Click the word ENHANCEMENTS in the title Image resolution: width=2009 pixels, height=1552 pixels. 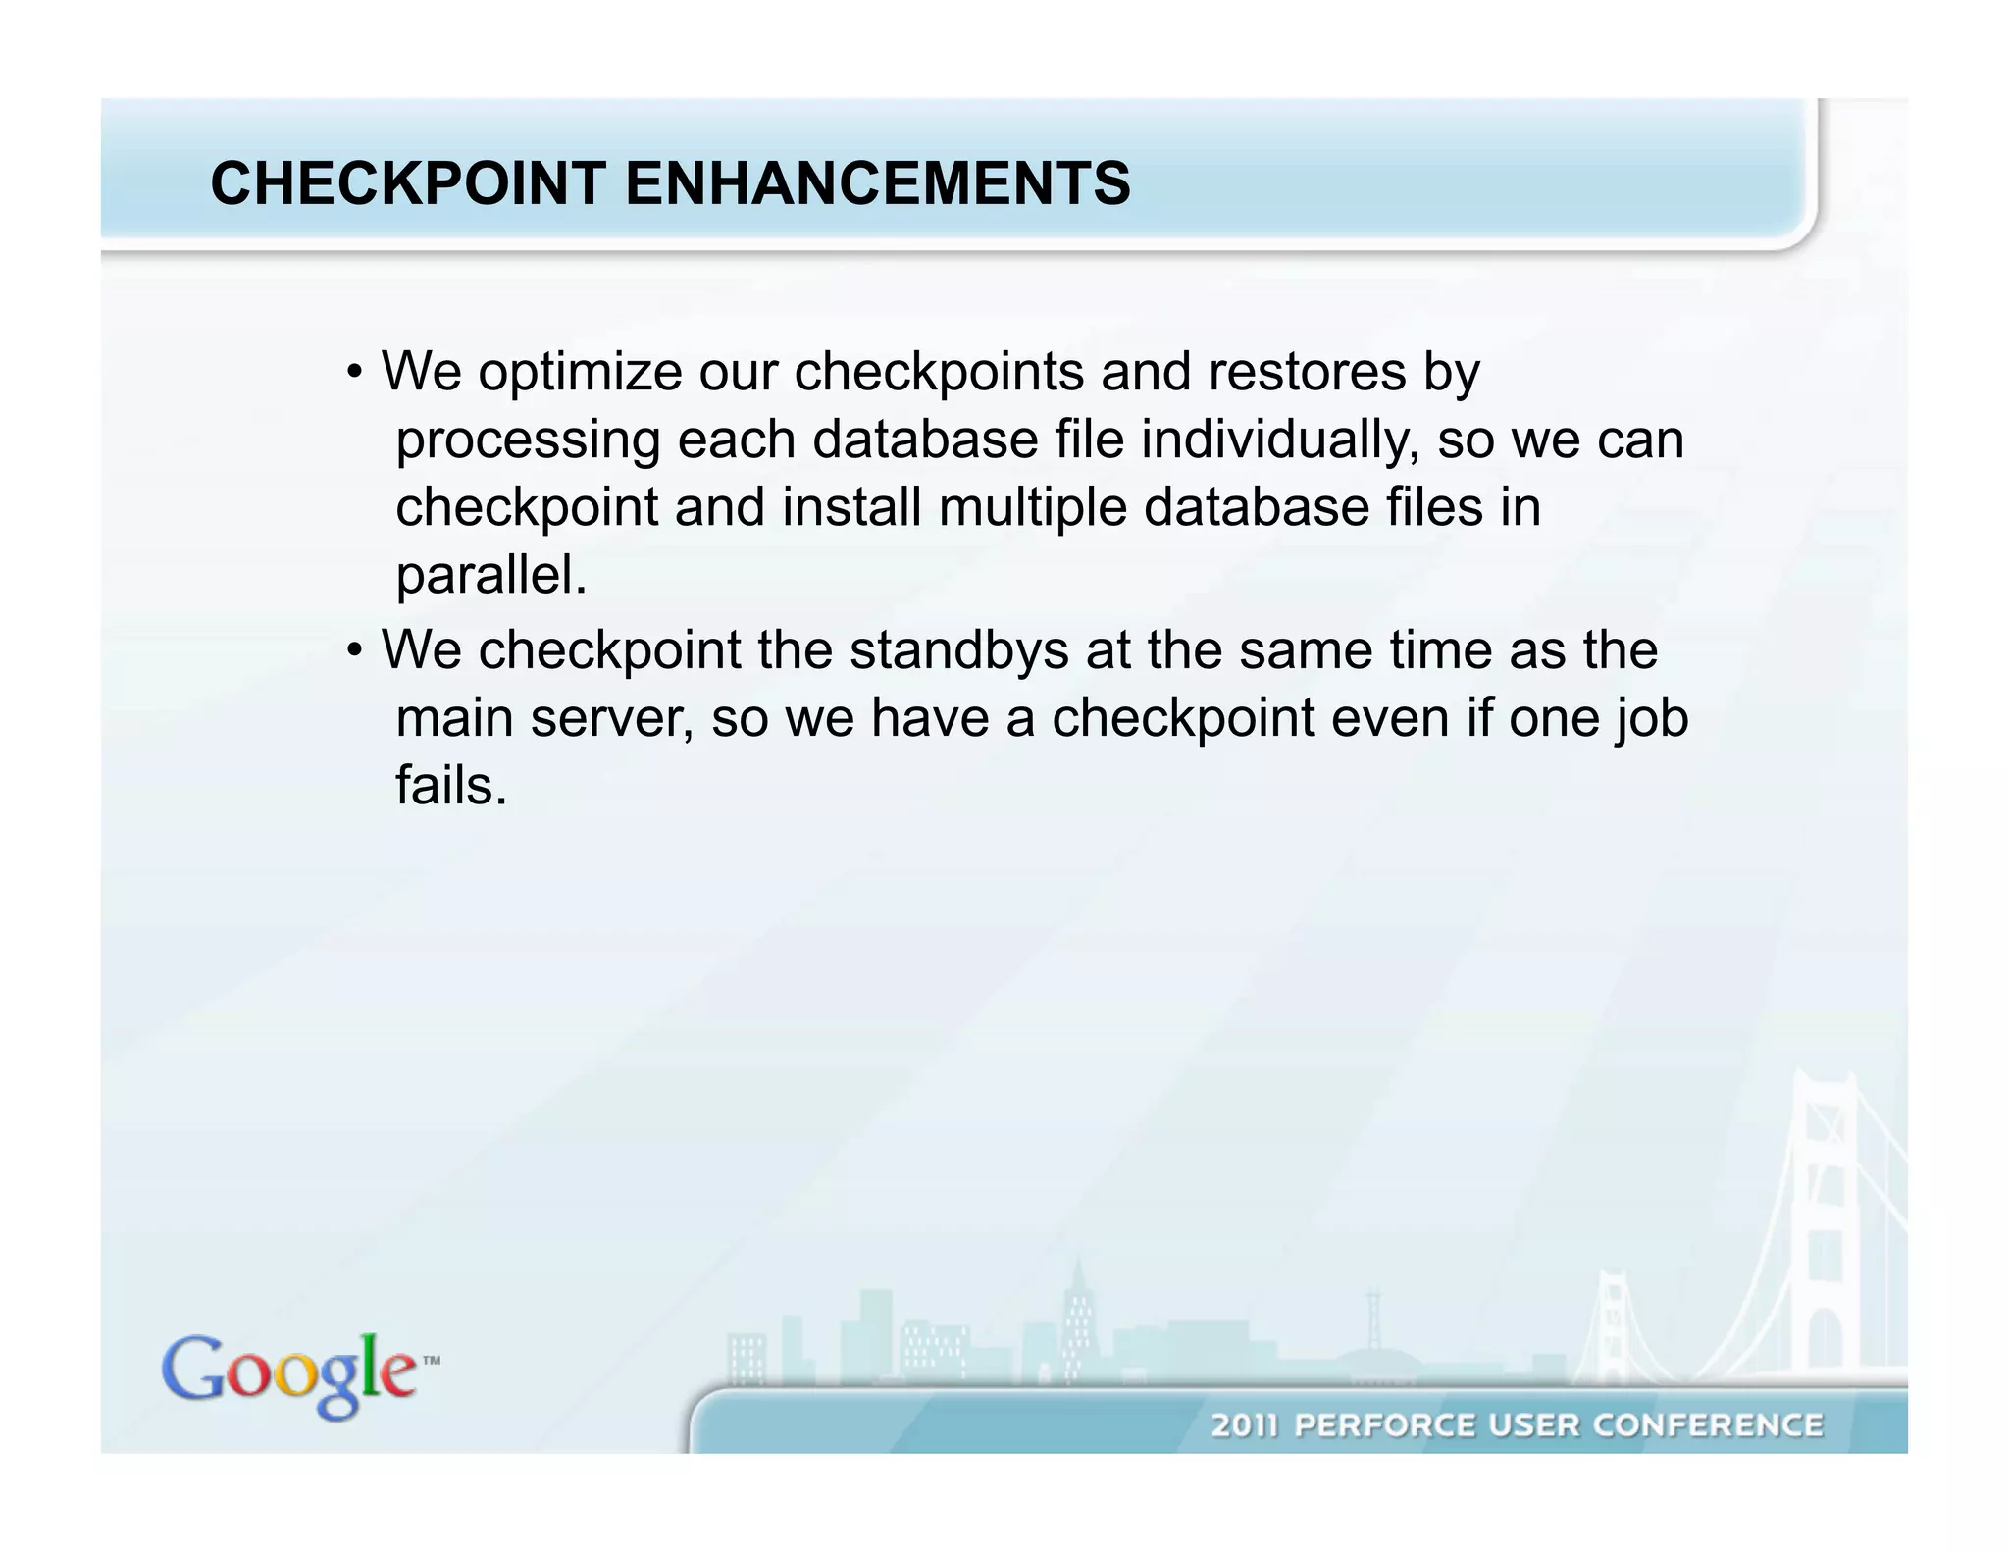877,183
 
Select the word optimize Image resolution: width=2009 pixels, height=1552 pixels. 580,372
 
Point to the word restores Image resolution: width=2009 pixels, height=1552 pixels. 1307,372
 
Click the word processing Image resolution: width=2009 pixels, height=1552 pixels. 528,440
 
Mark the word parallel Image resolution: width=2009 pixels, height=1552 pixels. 490,575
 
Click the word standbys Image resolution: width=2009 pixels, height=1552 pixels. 958,650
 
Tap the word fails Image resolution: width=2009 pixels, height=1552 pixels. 451,786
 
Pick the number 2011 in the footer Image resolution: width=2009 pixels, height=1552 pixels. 1245,1424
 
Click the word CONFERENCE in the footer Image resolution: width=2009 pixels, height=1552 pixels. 1707,1424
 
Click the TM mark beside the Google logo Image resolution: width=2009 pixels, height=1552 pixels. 431,1361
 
